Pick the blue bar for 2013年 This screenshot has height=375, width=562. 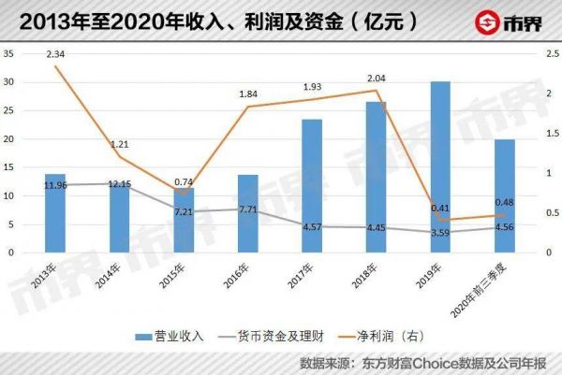click(x=55, y=213)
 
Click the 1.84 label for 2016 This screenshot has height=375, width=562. click(x=247, y=94)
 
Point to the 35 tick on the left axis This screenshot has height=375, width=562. click(x=9, y=53)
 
